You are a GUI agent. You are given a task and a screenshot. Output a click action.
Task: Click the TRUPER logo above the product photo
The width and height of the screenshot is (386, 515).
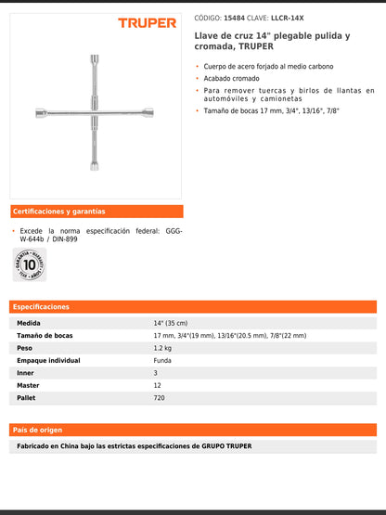pyautogui.click(x=147, y=22)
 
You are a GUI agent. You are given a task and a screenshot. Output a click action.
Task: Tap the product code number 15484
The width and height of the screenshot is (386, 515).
pyautogui.click(x=236, y=17)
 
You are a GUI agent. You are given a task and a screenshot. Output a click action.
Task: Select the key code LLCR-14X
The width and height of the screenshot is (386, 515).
pyautogui.click(x=287, y=17)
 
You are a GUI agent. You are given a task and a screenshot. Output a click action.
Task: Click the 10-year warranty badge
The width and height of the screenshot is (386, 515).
pyautogui.click(x=29, y=264)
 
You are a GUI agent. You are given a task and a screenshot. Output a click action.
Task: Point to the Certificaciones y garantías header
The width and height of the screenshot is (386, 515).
pyautogui.click(x=59, y=212)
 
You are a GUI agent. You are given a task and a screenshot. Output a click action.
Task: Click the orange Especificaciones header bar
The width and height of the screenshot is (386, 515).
pyautogui.click(x=193, y=306)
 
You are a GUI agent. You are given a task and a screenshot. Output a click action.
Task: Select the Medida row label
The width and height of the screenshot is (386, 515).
pyautogui.click(x=29, y=323)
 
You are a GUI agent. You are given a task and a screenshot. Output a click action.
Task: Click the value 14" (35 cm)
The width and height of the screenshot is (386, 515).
pyautogui.click(x=172, y=323)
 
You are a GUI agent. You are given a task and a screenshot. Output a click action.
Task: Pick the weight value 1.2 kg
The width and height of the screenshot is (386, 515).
pyautogui.click(x=162, y=348)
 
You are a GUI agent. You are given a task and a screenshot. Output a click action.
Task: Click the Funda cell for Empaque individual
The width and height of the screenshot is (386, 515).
pyautogui.click(x=162, y=360)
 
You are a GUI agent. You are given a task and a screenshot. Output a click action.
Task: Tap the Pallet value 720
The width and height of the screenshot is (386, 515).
pyautogui.click(x=160, y=397)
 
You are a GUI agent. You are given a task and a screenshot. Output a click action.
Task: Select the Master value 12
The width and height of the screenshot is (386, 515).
pyautogui.click(x=157, y=385)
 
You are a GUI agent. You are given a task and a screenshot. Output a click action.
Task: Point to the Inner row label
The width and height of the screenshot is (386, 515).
pyautogui.click(x=26, y=373)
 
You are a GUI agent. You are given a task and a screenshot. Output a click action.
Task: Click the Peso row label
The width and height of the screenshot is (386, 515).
pyautogui.click(x=25, y=348)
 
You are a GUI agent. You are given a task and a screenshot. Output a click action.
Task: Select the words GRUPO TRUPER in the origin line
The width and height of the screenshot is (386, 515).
pyautogui.click(x=226, y=446)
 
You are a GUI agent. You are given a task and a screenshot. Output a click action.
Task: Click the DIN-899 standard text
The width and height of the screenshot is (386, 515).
pyautogui.click(x=64, y=239)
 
